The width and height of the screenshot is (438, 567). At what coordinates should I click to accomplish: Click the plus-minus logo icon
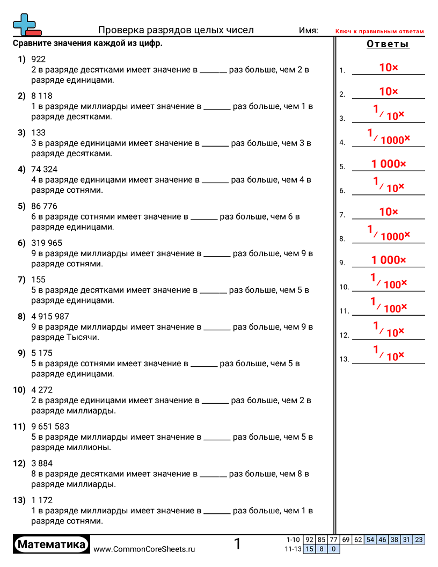click(x=26, y=25)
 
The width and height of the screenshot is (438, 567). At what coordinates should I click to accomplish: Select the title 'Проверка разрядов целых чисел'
click(x=176, y=30)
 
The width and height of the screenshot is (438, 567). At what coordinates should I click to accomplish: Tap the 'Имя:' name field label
click(x=308, y=31)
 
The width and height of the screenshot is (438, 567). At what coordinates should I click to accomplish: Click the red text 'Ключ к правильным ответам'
click(x=379, y=32)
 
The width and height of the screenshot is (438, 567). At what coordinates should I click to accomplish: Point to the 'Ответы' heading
click(x=388, y=44)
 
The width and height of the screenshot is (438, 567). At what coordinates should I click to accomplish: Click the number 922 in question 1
click(x=39, y=59)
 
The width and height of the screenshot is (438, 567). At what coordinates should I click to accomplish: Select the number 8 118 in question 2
click(x=42, y=96)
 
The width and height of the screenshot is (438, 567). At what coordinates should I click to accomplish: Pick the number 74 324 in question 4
click(x=44, y=169)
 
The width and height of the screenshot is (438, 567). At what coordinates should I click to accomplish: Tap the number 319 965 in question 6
click(x=47, y=243)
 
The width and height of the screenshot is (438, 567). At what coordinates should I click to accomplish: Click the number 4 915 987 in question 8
click(x=50, y=316)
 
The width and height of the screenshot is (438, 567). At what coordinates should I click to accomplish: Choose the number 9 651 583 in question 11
click(x=50, y=426)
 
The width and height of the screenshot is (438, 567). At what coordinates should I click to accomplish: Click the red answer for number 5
click(x=389, y=164)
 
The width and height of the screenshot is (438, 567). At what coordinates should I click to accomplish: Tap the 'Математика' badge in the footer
click(x=52, y=545)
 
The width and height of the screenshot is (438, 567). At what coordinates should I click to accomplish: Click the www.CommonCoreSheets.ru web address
click(x=144, y=549)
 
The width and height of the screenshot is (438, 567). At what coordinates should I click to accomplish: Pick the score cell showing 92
click(x=309, y=540)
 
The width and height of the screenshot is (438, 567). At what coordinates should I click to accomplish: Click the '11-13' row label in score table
click(x=294, y=549)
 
